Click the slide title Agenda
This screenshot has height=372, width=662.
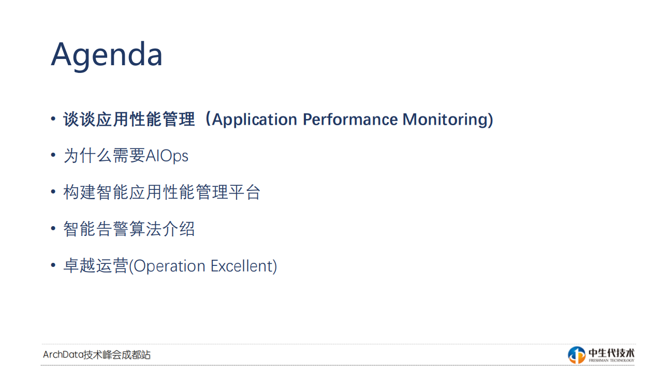tap(107, 54)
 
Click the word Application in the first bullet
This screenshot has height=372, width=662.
tap(254, 120)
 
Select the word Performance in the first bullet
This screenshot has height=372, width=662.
tap(350, 120)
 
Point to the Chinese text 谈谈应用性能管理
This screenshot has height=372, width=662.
tap(129, 120)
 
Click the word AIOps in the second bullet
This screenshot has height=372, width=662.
tap(167, 156)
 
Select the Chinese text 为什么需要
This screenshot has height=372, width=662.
tap(104, 156)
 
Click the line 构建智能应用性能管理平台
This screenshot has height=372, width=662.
tap(161, 192)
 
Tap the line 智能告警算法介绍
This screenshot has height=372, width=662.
tap(129, 229)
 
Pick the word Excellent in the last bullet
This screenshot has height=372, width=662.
tap(241, 266)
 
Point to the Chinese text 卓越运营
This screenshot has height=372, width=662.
tap(96, 266)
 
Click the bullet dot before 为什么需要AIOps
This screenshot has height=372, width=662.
tap(53, 156)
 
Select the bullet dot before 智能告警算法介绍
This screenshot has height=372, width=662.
tap(53, 229)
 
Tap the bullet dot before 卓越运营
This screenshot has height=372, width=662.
tap(53, 266)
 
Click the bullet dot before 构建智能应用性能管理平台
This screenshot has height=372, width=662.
tap(53, 192)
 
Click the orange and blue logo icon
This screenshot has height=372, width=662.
tap(577, 355)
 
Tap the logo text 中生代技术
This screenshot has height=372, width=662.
tap(611, 353)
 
